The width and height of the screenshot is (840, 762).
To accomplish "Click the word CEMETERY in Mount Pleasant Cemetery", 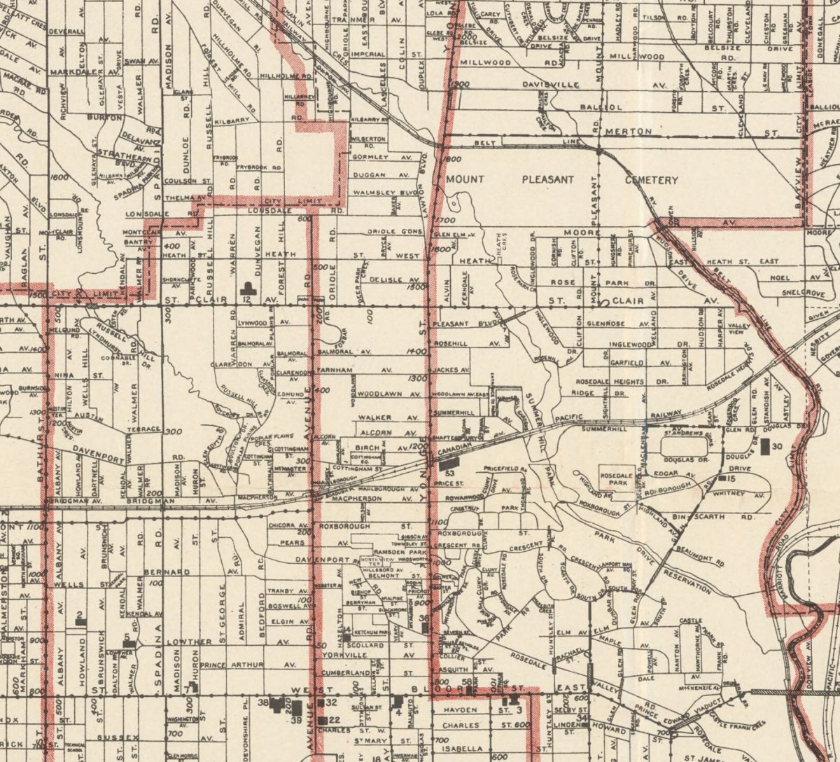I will [651, 180].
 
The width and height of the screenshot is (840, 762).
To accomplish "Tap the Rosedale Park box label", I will [617, 479].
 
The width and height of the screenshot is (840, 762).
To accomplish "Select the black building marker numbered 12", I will [246, 287].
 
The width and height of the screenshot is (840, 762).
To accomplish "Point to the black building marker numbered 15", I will [722, 478].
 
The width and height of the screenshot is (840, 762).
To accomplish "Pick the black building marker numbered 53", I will [450, 462].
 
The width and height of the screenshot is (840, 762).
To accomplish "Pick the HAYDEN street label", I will [459, 709].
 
